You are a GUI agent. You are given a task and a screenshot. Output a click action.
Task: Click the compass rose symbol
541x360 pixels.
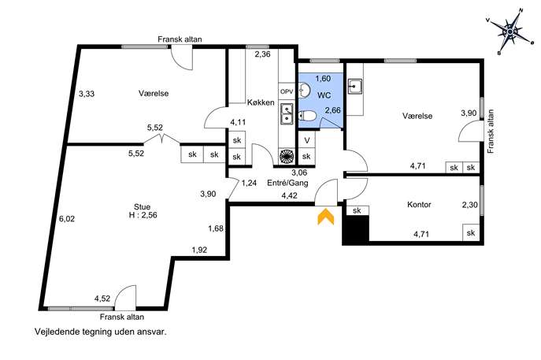coord(510,32)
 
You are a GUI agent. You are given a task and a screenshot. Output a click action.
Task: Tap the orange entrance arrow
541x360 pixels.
coord(326,217)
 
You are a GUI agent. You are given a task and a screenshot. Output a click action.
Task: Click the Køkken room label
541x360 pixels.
coord(261,102)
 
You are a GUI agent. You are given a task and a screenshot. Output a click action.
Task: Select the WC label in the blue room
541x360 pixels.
coord(324,95)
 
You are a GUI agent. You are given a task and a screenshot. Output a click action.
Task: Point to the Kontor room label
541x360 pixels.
coord(419,205)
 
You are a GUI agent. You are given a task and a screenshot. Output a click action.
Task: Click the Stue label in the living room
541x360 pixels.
coord(143,207)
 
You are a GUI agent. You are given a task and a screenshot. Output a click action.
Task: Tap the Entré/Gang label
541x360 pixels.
coord(287,183)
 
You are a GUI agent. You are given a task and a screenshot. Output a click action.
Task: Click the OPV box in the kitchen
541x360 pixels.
coord(287,92)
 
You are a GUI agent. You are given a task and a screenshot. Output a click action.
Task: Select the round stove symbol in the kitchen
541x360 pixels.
coord(287,157)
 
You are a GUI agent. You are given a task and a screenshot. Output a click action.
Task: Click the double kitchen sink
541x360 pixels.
coord(287,114)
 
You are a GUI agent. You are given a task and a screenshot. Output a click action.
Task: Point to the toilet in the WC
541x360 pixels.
coord(307,117)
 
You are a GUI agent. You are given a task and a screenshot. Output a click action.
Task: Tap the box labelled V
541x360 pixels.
coord(306,140)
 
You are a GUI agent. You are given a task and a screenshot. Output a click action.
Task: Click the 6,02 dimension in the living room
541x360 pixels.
coord(67,219)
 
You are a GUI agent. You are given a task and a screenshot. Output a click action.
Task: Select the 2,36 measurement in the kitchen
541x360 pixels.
coord(262,54)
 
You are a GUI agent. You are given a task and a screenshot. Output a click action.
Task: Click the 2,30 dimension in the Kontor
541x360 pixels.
coord(470,205)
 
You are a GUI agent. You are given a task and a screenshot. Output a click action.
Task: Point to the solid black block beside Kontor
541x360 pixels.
coord(356,230)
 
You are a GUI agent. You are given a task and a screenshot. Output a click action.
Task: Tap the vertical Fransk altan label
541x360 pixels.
coord(491,132)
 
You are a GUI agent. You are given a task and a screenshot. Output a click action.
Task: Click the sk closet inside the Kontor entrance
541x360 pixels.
coord(357,210)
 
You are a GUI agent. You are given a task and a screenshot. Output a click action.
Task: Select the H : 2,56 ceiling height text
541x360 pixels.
coord(143,215)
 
